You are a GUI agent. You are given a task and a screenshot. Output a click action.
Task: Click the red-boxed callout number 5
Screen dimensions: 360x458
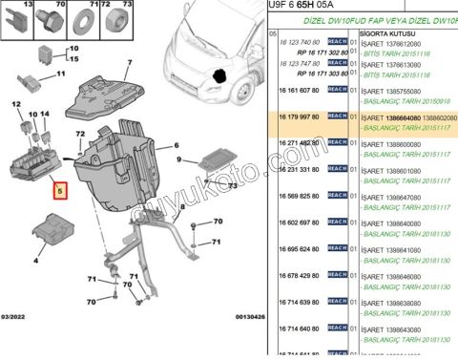(60, 191)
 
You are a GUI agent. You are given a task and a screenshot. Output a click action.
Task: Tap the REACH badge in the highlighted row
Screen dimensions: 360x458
(337, 116)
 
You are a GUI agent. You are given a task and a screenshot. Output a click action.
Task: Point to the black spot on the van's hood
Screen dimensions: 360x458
(220, 73)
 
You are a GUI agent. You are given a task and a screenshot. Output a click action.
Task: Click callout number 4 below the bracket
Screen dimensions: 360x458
(38, 259)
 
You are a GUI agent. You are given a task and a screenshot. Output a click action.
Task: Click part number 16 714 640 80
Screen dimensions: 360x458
(297, 328)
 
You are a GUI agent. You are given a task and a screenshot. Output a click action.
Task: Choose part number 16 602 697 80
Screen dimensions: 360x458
(297, 222)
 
